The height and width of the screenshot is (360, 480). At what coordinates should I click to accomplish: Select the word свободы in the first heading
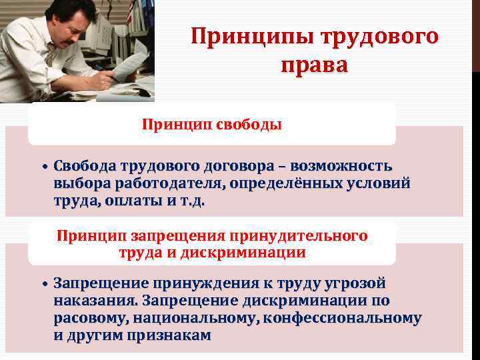tap(249, 125)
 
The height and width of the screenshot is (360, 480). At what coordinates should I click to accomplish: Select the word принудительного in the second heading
tap(299, 235)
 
